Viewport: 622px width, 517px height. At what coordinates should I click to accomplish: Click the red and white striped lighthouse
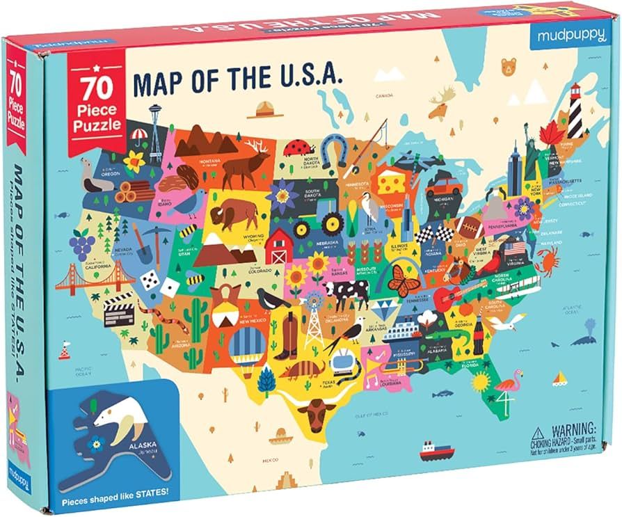point(575,111)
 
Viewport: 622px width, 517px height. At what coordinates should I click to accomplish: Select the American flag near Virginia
point(516,248)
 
